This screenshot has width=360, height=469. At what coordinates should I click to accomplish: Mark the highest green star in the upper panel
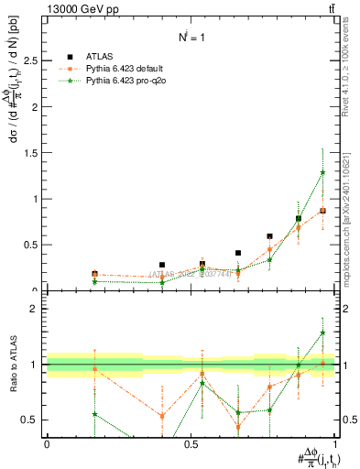(x=322, y=172)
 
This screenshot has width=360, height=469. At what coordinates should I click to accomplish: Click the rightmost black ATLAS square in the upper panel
(x=322, y=211)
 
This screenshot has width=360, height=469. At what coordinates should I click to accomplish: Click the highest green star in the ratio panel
(x=322, y=333)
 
